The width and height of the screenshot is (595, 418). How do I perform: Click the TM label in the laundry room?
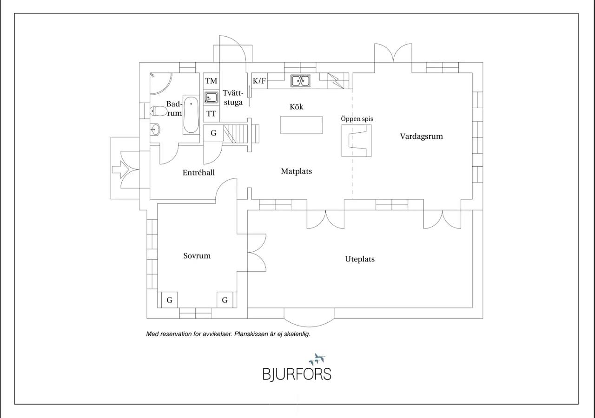point(211,81)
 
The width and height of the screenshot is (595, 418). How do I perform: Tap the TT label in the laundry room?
point(211,114)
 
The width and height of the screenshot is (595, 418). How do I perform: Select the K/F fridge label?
point(259,81)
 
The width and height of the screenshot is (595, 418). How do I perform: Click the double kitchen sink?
point(300,81)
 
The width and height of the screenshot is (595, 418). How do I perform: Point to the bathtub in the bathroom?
point(191,115)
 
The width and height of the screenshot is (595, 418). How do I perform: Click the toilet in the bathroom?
point(158,111)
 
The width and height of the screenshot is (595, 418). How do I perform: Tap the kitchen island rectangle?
point(301,125)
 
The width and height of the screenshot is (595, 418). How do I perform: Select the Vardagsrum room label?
point(421,137)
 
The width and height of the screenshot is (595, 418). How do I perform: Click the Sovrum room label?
point(197,256)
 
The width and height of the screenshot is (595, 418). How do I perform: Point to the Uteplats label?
point(360,259)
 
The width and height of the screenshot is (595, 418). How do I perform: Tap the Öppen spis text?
point(357,119)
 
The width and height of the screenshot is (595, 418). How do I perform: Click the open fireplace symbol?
point(356,140)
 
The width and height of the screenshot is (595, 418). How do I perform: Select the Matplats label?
point(297,171)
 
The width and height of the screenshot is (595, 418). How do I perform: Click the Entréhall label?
point(198,173)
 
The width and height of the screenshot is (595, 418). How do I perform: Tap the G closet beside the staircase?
point(213,133)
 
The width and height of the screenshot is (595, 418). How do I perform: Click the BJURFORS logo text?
point(297,374)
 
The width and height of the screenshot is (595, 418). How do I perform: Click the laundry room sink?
point(211,98)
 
